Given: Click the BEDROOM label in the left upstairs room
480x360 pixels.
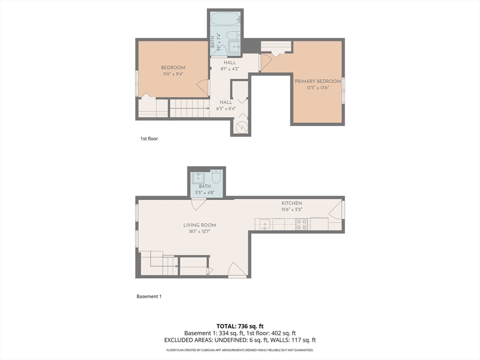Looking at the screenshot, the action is [173, 67].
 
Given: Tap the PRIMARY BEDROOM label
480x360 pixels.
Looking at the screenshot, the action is [318, 81].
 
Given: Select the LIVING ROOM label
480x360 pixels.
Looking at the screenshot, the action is [200, 225].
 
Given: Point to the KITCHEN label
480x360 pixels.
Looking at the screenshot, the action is [292, 203].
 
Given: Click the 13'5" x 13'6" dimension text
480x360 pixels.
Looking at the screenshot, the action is [318, 88].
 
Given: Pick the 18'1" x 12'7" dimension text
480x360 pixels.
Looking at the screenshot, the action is [200, 232].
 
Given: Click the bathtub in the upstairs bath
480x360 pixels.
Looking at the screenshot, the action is [225, 19].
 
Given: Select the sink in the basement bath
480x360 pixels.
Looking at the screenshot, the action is [198, 178].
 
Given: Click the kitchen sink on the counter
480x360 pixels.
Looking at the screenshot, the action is [264, 225].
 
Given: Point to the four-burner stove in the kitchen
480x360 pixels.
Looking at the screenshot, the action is [301, 224].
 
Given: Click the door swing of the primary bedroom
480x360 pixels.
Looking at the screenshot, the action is [266, 62].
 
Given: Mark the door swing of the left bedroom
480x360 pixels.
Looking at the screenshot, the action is [202, 88].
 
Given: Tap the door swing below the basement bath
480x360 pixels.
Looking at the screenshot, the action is [199, 204].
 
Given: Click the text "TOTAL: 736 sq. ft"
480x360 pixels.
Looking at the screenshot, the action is [240, 326].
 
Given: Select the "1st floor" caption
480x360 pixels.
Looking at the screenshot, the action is [149, 139].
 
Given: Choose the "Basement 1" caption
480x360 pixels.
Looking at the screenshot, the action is [149, 296].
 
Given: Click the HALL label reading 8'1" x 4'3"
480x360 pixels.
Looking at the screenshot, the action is [230, 66].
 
